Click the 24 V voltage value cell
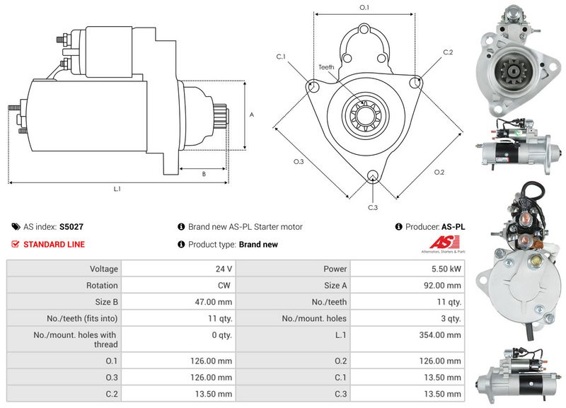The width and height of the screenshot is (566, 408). click(x=224, y=269)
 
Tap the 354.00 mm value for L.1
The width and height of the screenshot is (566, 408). click(x=444, y=335)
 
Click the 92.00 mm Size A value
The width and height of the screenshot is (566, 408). click(x=444, y=286)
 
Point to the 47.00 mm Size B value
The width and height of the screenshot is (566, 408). click(x=214, y=302)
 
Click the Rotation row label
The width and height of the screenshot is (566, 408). click(x=103, y=286)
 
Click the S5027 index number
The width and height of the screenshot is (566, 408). click(x=71, y=227)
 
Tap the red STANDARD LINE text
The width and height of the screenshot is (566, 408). click(x=54, y=245)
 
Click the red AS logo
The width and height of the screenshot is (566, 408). click(x=442, y=243)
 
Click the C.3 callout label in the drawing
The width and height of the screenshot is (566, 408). click(x=373, y=207)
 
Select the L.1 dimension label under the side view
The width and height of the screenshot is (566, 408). click(x=117, y=189)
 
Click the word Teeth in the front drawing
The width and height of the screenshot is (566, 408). click(x=326, y=67)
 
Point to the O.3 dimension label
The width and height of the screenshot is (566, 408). click(x=299, y=162)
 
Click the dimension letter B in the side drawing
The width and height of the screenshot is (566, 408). click(x=204, y=174)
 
